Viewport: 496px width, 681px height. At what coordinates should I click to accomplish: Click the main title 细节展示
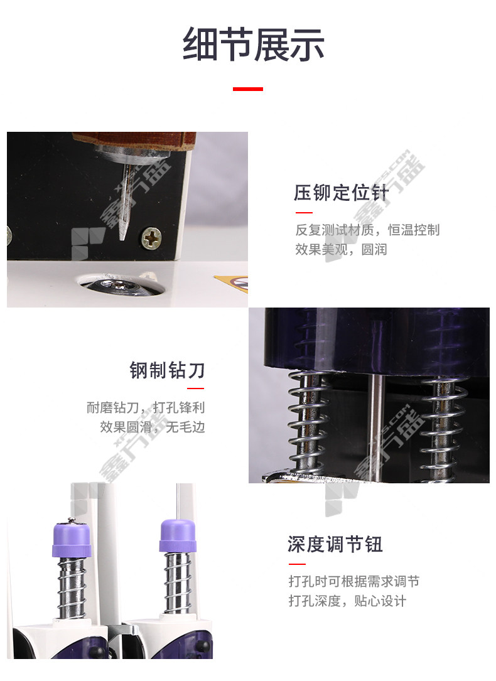pyautogui.click(x=253, y=45)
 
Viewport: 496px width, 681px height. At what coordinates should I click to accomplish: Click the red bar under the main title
pyautogui.click(x=247, y=89)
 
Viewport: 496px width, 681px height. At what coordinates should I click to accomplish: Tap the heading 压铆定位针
pyautogui.click(x=341, y=193)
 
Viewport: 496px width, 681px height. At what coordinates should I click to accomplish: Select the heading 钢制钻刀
pyautogui.click(x=167, y=370)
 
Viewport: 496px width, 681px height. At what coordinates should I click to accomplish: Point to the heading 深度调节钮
pyautogui.click(x=335, y=544)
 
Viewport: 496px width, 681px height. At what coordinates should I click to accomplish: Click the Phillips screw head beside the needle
pyautogui.click(x=151, y=238)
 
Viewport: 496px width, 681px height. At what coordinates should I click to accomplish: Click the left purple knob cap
pyautogui.click(x=72, y=539)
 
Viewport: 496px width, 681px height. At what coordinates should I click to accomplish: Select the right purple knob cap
pyautogui.click(x=177, y=535)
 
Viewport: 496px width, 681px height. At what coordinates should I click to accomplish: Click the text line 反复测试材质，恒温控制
pyautogui.click(x=367, y=230)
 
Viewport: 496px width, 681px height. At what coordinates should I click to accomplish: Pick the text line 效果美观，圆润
pyautogui.click(x=341, y=250)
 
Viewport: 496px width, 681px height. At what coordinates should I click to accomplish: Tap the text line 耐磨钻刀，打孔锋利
pyautogui.click(x=146, y=407)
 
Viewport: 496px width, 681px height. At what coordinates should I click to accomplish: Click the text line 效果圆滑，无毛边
pyautogui.click(x=153, y=427)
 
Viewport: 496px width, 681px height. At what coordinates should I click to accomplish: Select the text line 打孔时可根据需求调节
pyautogui.click(x=354, y=581)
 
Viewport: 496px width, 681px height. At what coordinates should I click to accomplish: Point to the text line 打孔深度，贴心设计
pyautogui.click(x=347, y=601)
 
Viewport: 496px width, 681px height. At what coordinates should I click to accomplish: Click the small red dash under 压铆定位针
pyautogui.click(x=304, y=213)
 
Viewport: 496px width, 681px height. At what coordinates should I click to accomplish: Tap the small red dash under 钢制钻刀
pyautogui.click(x=196, y=389)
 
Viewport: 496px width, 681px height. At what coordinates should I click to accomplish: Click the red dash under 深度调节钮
pyautogui.click(x=297, y=564)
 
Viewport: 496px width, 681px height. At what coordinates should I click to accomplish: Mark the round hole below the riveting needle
pyautogui.click(x=121, y=285)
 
